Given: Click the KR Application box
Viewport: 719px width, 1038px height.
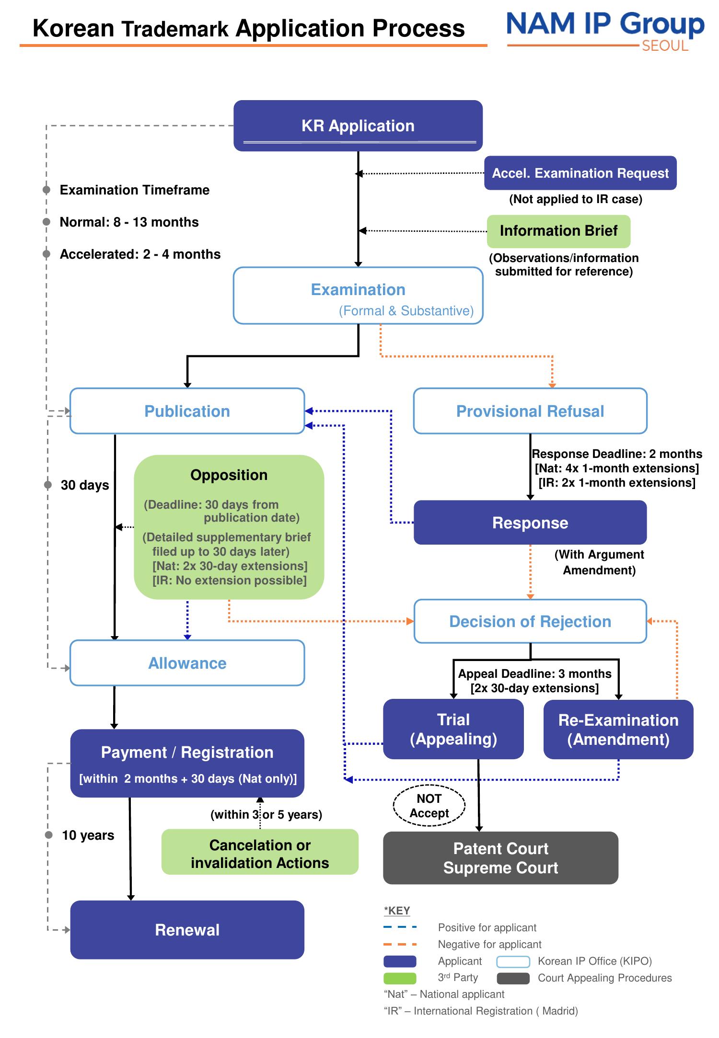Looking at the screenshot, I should point(358,125).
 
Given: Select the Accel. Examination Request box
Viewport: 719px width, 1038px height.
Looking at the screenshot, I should point(580,173).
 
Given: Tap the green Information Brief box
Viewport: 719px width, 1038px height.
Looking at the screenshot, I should point(558,231).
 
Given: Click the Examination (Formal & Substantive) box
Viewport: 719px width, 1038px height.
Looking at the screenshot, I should point(358,296).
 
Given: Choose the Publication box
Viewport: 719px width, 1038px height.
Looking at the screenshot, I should point(187,411).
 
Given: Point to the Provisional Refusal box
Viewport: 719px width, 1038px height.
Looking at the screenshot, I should point(530,411).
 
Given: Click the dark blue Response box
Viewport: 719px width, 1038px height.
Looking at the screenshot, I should point(530,523).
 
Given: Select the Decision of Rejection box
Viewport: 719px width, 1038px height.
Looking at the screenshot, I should point(530,621).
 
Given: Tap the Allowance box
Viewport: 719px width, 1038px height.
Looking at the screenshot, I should point(187,663).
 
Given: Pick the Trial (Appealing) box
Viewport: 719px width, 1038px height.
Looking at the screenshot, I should point(453,729).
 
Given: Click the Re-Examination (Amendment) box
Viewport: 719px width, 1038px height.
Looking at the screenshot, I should point(618,730).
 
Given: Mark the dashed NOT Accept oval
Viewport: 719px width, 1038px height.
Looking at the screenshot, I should point(429,806).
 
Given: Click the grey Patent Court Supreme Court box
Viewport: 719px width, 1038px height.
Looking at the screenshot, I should point(500,858).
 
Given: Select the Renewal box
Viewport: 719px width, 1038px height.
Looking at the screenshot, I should point(187,930).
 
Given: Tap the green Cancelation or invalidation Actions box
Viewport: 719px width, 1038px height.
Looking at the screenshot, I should point(260,854).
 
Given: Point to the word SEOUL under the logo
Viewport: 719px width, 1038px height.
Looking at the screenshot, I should point(665,46).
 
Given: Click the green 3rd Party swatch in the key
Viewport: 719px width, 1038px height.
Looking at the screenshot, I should point(400,978).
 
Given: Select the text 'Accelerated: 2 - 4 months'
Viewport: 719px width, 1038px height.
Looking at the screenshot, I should point(140,254).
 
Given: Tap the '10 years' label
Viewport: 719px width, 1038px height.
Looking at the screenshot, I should point(88,835).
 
